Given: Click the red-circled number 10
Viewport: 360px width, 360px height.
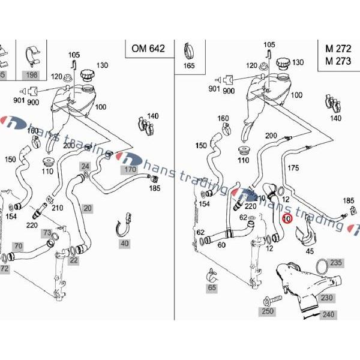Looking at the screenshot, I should (x=287, y=219).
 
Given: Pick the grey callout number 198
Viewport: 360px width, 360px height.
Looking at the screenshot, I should (x=31, y=74).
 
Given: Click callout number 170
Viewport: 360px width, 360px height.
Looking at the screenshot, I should (x=130, y=170).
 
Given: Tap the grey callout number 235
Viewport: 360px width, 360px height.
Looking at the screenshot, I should (x=336, y=262).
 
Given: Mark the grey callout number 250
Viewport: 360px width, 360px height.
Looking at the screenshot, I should (x=267, y=311).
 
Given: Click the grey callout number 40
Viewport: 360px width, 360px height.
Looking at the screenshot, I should (x=124, y=244).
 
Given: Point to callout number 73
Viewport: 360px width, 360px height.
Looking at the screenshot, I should (x=47, y=232).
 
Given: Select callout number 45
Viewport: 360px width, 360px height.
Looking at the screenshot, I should (x=310, y=251).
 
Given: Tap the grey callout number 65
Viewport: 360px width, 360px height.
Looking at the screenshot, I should (x=211, y=289).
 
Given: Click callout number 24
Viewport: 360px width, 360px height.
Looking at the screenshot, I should (x=85, y=166).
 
